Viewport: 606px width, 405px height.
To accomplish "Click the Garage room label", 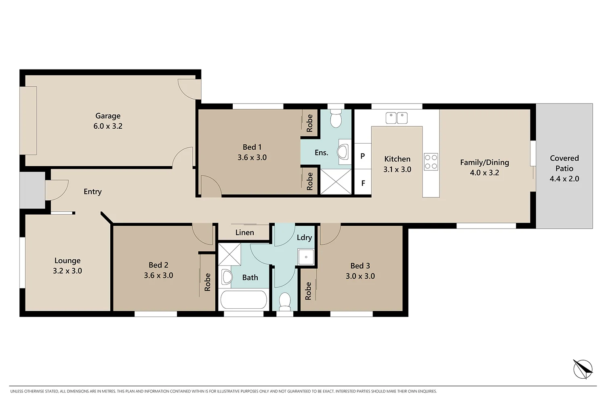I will pyautogui.click(x=108, y=116).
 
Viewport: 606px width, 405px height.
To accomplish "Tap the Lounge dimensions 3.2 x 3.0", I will pyautogui.click(x=67, y=271).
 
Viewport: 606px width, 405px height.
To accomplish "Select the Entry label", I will pyautogui.click(x=93, y=192).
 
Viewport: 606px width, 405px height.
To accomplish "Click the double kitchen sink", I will pyautogui.click(x=396, y=118).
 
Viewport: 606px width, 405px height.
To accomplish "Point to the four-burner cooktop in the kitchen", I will pyautogui.click(x=431, y=161).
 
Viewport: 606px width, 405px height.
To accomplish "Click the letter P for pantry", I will pyautogui.click(x=363, y=156).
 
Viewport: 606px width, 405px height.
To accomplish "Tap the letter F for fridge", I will pyautogui.click(x=363, y=183).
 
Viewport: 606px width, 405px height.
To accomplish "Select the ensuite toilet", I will pyautogui.click(x=336, y=119).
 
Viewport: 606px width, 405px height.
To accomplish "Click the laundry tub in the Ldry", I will pyautogui.click(x=306, y=257).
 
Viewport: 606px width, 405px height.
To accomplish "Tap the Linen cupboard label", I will pyautogui.click(x=244, y=233).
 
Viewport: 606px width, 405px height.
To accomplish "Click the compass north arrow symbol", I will pyautogui.click(x=583, y=369).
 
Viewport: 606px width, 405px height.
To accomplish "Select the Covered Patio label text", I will pyautogui.click(x=564, y=163).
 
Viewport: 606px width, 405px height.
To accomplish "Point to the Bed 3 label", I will pyautogui.click(x=360, y=266).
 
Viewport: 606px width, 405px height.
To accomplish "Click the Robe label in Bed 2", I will pyautogui.click(x=208, y=282).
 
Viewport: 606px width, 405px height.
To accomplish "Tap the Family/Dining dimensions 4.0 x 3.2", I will pyautogui.click(x=484, y=173).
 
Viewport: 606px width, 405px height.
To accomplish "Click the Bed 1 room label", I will pyautogui.click(x=252, y=147).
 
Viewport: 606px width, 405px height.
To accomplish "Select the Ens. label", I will pyautogui.click(x=321, y=153).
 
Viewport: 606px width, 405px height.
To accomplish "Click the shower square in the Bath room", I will pyautogui.click(x=229, y=254).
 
